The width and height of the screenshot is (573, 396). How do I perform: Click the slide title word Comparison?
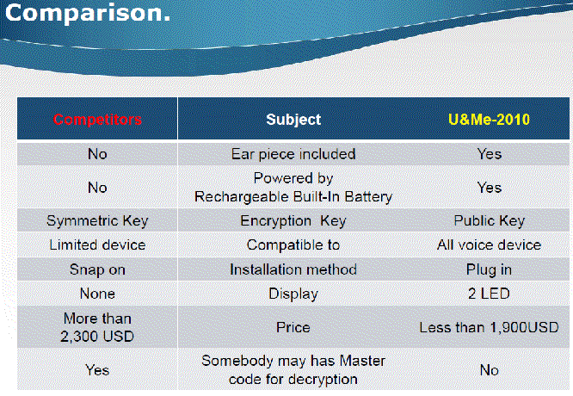pyautogui.click(x=88, y=13)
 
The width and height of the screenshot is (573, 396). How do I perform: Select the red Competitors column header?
pyautogui.click(x=97, y=120)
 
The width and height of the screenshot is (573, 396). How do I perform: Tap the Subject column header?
pyautogui.click(x=293, y=120)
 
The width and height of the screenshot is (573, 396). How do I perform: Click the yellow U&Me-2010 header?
pyautogui.click(x=489, y=120)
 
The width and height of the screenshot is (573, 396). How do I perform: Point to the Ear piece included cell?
pyautogui.click(x=293, y=154)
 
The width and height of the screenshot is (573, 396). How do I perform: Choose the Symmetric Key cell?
pyautogui.click(x=97, y=221)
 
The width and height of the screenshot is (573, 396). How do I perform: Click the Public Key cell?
pyautogui.click(x=489, y=221)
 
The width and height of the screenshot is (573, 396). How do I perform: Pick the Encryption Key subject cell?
pyautogui.click(x=293, y=221)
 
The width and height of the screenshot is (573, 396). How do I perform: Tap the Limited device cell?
pyautogui.click(x=97, y=244)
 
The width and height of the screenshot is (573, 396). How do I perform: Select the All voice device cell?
pyautogui.click(x=489, y=244)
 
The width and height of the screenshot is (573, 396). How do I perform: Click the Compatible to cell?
pyautogui.click(x=293, y=244)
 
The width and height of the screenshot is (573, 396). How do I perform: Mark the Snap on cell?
pyautogui.click(x=97, y=269)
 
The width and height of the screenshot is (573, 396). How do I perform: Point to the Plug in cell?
pyautogui.click(x=489, y=269)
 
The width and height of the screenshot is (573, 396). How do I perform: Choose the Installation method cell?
pyautogui.click(x=293, y=269)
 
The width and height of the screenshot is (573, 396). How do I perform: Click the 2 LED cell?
pyautogui.click(x=489, y=294)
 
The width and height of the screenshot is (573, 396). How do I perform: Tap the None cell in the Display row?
pyautogui.click(x=97, y=294)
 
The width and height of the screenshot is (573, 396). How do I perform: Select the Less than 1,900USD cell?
pyautogui.click(x=489, y=327)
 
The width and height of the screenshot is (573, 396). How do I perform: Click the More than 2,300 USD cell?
pyautogui.click(x=97, y=327)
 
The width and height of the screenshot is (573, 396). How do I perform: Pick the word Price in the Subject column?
pyautogui.click(x=293, y=327)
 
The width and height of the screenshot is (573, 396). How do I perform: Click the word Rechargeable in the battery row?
pyautogui.click(x=242, y=197)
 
